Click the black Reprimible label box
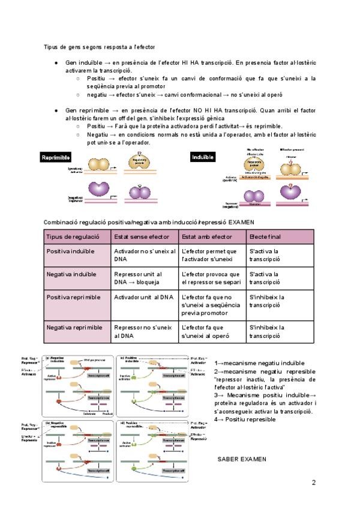(56, 157)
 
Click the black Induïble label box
(202, 157)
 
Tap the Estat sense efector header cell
(144, 236)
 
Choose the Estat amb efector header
(206, 236)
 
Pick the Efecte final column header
(265, 236)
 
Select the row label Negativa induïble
(73, 274)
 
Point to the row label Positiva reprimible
(74, 297)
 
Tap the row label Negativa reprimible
(74, 327)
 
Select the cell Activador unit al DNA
(143, 297)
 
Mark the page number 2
(314, 483)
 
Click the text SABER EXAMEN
(242, 459)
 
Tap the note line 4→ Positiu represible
(245, 419)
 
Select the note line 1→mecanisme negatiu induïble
(259, 363)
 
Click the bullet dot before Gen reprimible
(56, 111)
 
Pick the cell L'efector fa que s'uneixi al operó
(207, 331)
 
